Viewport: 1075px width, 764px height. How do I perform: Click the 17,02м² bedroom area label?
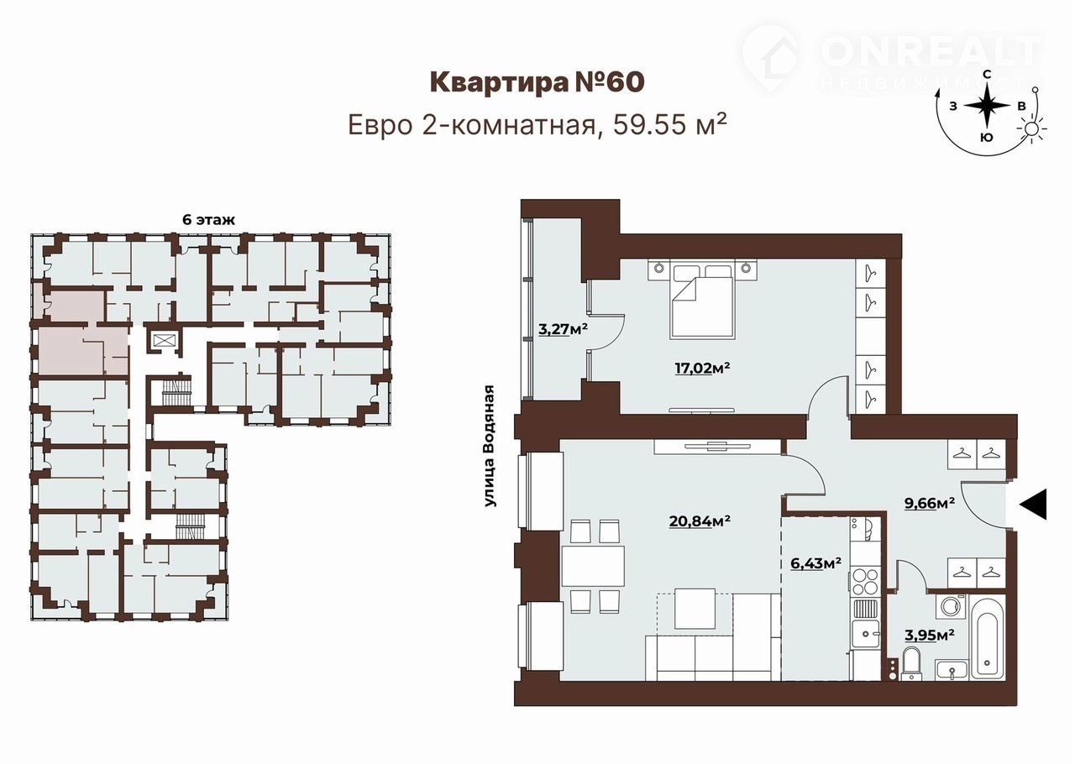click(x=702, y=368)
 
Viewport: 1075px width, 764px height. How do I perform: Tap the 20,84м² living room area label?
click(x=700, y=521)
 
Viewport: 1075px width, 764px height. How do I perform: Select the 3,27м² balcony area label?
click(x=563, y=329)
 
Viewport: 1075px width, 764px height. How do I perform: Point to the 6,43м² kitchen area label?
click(x=815, y=563)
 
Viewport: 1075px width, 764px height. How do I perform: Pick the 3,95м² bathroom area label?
click(x=930, y=636)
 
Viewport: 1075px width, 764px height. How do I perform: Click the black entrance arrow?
click(x=1033, y=505)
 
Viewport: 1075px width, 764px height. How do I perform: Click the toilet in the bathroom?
click(x=911, y=664)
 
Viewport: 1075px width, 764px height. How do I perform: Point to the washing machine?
click(x=950, y=607)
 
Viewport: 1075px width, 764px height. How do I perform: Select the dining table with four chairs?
click(x=594, y=566)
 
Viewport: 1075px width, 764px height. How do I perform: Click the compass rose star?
click(x=987, y=106)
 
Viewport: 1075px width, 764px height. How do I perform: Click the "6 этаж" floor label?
click(x=209, y=220)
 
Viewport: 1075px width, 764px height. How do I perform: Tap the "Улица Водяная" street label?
click(x=490, y=446)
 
